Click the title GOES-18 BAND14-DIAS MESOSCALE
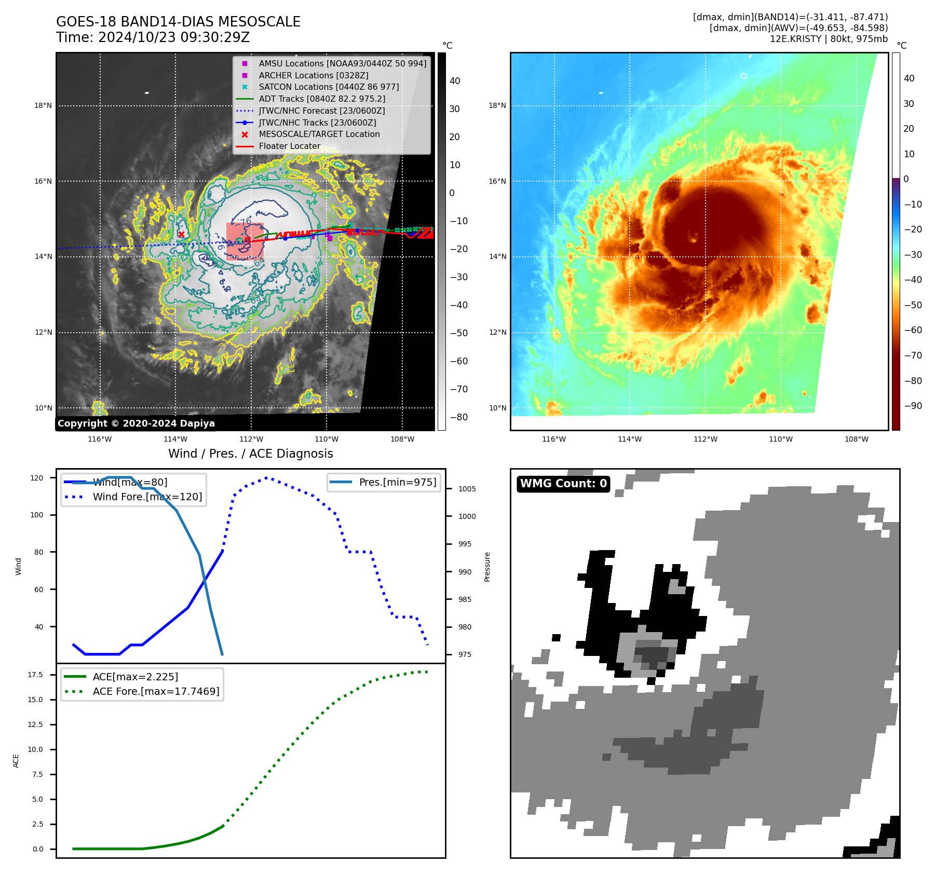(178, 22)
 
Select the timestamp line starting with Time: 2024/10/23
(153, 37)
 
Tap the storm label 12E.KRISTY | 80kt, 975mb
(829, 39)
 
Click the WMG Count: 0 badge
(563, 484)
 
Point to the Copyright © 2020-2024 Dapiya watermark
(136, 423)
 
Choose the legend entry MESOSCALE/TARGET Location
(319, 134)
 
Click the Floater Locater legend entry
(289, 146)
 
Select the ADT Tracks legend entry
(322, 99)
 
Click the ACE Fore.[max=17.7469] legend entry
(156, 691)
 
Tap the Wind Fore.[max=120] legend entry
(147, 497)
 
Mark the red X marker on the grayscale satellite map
(181, 234)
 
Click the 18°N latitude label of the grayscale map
(43, 106)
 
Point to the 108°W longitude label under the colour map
(856, 439)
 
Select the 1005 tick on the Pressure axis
(467, 489)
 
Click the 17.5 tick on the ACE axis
(35, 675)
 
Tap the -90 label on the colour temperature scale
(913, 406)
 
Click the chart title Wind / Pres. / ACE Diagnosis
(250, 454)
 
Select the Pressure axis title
(487, 567)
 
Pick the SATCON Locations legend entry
(329, 87)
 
